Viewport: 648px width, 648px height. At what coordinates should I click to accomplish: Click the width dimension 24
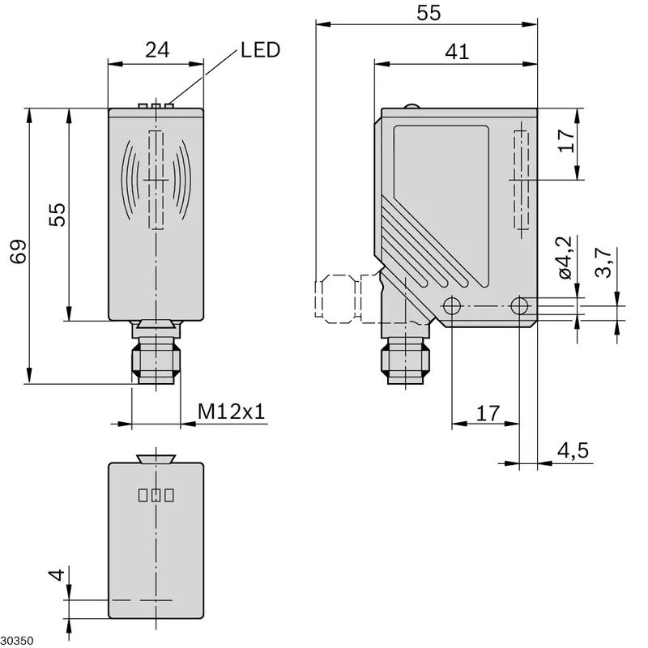[157, 50]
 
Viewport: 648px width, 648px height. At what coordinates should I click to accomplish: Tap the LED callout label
[260, 50]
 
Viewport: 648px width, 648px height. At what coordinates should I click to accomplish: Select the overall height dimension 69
[19, 251]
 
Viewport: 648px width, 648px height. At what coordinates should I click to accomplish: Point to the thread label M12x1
[231, 411]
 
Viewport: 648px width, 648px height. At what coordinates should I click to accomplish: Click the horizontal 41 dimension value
[457, 52]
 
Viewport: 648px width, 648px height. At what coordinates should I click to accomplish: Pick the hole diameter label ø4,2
[565, 258]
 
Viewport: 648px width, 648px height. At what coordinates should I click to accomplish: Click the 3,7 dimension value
[603, 262]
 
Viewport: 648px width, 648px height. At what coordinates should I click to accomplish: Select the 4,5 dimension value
[573, 450]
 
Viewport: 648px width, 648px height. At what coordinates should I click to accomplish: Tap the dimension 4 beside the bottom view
[57, 574]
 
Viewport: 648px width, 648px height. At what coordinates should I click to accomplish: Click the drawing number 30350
[17, 641]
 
